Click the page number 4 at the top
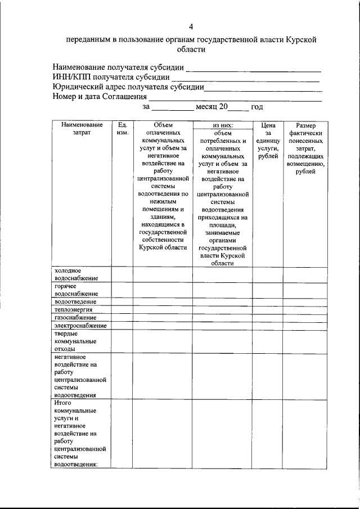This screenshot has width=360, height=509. tap(191, 27)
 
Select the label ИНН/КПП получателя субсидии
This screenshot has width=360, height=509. tap(111, 77)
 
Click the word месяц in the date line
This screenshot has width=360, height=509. tap(206, 106)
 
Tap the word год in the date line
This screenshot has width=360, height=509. tap(257, 106)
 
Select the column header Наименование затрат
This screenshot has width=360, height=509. tap(80, 129)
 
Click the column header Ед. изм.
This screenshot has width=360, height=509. tap(122, 129)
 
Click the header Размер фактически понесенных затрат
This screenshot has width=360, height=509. tap(305, 148)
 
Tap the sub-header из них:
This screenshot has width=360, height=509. tap(223, 125)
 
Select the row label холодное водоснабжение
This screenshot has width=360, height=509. tap(76, 274)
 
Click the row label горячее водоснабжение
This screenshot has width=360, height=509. tap(76, 290)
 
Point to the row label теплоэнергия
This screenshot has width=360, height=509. tap(73, 309)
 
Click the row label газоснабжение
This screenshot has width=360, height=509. tap(75, 318)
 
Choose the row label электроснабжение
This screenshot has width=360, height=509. tap(80, 326)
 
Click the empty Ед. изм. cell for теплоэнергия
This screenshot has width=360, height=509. tap(122, 309)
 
